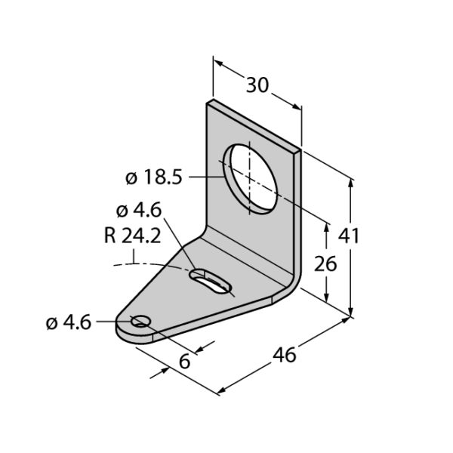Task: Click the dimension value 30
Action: click(257, 85)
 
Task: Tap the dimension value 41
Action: click(349, 236)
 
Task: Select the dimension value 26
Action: click(325, 263)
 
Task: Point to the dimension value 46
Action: click(285, 355)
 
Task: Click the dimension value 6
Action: click(185, 361)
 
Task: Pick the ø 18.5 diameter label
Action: click(154, 177)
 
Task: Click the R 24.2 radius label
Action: click(132, 236)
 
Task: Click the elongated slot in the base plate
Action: click(211, 282)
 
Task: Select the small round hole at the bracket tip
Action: click(141, 321)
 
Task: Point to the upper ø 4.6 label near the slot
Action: click(139, 211)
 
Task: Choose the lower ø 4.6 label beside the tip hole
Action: click(69, 322)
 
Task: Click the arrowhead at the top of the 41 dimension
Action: click(351, 184)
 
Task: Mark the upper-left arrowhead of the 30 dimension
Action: click(218, 63)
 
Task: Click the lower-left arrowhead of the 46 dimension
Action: click(223, 390)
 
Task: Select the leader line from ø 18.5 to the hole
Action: click(207, 177)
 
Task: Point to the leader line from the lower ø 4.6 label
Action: click(115, 322)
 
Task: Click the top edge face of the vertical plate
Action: click(254, 125)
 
